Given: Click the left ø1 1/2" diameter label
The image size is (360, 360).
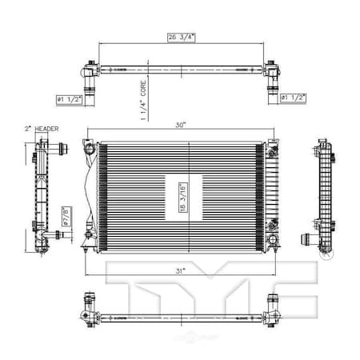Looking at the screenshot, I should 69,99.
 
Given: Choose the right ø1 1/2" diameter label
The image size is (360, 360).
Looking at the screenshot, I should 293,99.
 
